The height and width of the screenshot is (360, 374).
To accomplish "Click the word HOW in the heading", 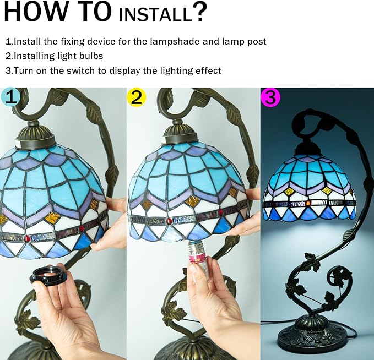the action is coord(35,11).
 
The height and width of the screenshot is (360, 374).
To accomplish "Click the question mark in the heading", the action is coord(199,11).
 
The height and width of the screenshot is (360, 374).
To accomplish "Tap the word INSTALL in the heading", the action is coord(155,14).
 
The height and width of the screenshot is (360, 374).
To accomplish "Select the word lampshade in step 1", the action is coord(175,42).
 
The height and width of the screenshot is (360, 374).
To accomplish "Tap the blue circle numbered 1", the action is coord(9,97).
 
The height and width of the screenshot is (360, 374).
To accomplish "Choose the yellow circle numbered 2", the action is coord(137,97).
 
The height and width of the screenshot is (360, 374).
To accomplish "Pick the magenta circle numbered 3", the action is coord(270,97).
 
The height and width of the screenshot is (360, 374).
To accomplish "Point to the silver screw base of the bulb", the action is coord(196,248).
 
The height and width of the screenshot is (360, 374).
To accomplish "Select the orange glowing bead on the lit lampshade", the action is coord(308,203).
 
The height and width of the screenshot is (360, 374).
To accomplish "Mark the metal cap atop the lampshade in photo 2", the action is coord(180,135).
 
